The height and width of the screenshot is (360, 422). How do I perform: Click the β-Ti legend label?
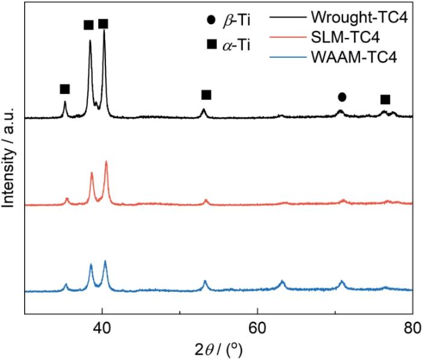point(236,21)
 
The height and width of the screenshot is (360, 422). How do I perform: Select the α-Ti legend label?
point(236,44)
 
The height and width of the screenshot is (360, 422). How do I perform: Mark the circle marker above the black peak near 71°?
point(342,96)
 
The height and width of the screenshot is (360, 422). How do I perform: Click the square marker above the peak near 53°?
point(206,95)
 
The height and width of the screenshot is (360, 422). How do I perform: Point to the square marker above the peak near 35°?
point(65,89)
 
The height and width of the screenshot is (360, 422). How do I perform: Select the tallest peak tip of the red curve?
point(106,162)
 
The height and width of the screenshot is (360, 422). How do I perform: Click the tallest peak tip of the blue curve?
point(105,261)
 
